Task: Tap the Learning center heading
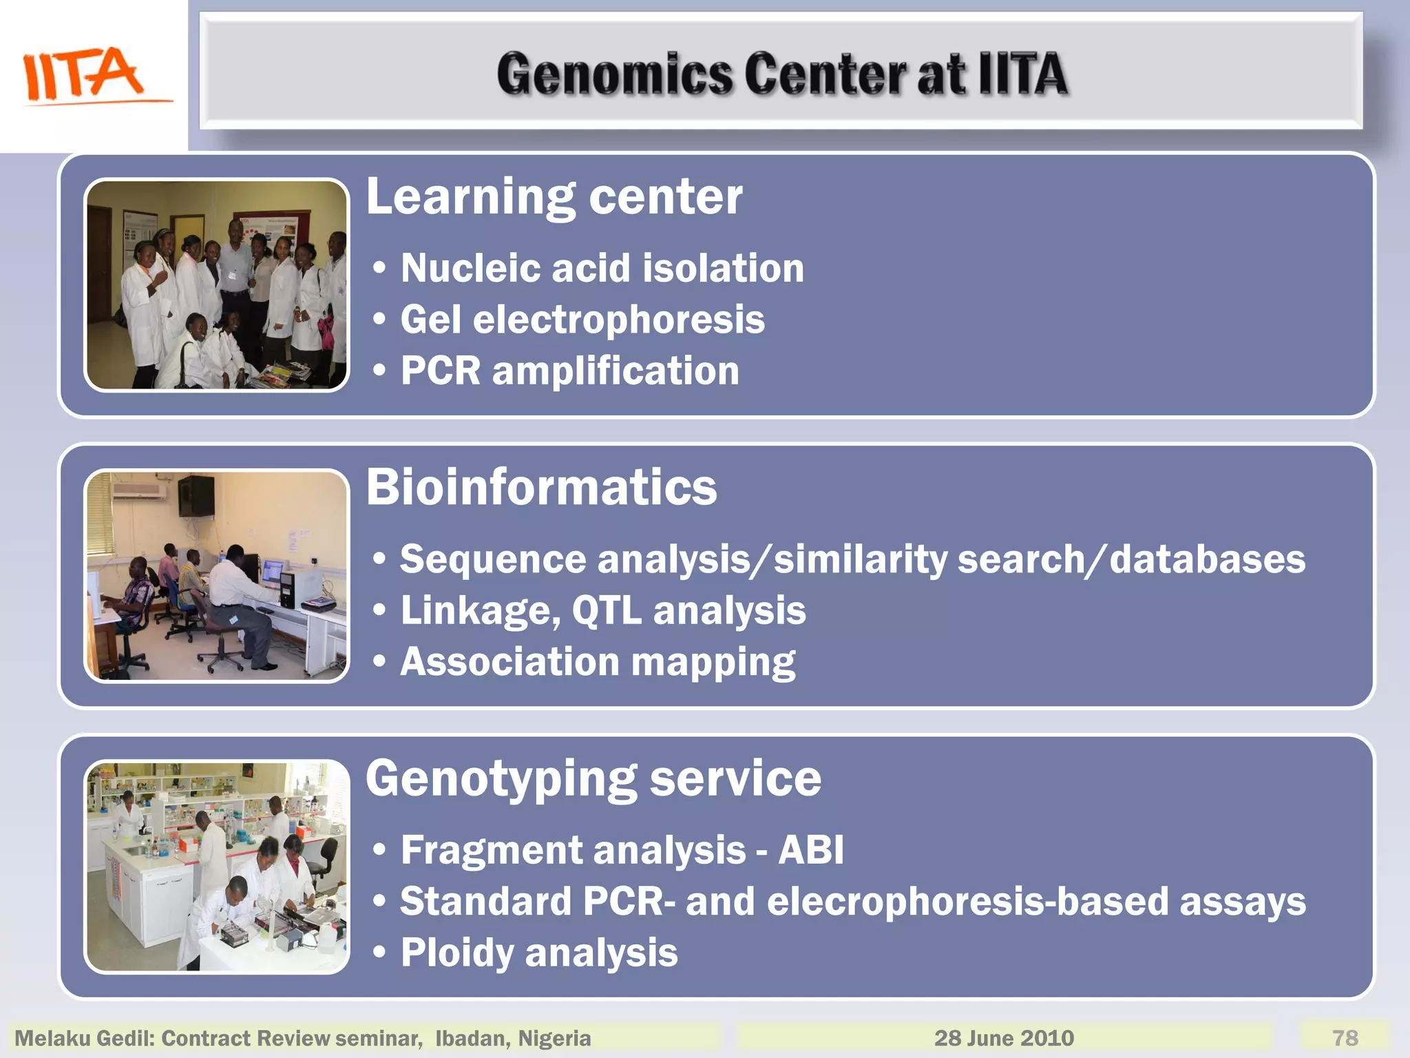[554, 197]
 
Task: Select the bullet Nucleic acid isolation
[602, 268]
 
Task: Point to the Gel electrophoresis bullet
[582, 320]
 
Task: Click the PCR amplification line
[569, 371]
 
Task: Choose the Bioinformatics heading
[541, 488]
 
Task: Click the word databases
[1207, 559]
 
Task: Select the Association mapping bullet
[597, 662]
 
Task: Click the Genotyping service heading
[593, 779]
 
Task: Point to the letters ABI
[810, 850]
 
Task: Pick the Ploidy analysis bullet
[538, 953]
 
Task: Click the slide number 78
[1345, 1038]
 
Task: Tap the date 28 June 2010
[1003, 1038]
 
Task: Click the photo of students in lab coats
[216, 285]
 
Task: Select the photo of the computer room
[216, 576]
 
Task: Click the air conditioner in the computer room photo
[139, 491]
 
